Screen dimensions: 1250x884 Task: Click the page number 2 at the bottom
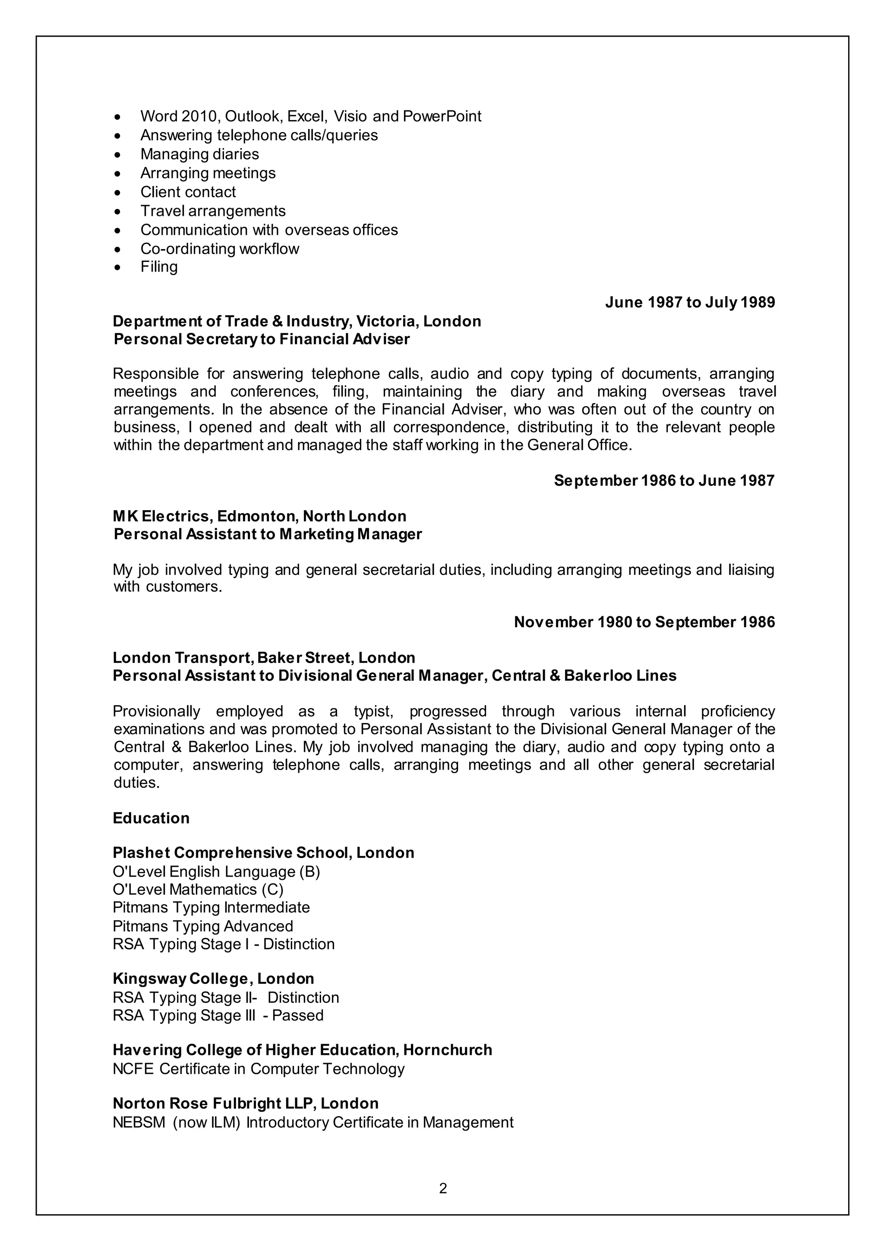442,1188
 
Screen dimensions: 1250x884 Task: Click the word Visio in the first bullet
350,117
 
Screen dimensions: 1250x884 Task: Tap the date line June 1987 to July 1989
690,302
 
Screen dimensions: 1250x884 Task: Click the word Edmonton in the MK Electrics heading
256,516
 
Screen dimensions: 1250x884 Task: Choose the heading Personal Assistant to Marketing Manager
267,534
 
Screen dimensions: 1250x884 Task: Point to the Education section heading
151,818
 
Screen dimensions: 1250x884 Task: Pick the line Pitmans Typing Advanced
202,926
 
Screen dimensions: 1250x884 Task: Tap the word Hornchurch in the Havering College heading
448,1050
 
